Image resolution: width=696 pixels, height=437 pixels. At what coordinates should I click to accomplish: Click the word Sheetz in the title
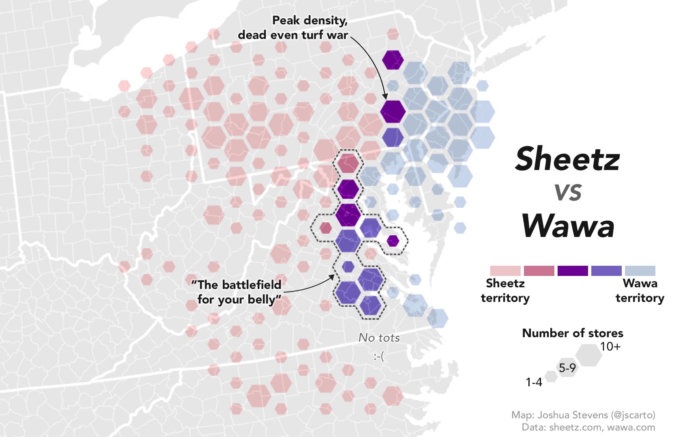point(567,159)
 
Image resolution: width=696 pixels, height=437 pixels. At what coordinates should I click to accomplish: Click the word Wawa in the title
point(568,226)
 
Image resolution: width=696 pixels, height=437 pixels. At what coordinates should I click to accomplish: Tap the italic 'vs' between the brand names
point(568,192)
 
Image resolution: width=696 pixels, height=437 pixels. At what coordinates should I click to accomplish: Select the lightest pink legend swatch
point(505,271)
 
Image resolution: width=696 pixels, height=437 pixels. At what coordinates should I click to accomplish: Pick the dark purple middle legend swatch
point(573,271)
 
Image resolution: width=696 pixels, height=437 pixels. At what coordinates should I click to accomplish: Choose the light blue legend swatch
point(640,271)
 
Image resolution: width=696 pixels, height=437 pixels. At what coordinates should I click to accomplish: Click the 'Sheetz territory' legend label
point(505,291)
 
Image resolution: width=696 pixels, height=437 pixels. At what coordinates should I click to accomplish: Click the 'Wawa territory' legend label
point(640,291)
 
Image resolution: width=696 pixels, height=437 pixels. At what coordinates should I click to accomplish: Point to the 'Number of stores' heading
point(573,333)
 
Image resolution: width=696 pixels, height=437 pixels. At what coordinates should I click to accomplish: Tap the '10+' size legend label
point(610,347)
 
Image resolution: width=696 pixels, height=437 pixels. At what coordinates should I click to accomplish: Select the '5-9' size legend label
point(567,368)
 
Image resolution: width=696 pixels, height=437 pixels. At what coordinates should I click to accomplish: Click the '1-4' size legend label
point(534,382)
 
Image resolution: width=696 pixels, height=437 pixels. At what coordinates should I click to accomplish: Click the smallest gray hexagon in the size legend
point(551,377)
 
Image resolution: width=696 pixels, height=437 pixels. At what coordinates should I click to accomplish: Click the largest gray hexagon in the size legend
point(589,355)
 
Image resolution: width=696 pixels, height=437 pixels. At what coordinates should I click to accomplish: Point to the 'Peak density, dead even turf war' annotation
point(293,27)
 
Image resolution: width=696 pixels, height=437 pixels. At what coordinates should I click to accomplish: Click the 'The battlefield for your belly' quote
point(237,292)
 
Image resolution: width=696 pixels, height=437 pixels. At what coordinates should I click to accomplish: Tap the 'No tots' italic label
point(379,338)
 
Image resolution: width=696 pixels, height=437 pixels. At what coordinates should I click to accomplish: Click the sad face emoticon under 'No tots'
point(379,357)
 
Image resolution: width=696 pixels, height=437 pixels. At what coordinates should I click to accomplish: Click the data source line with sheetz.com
point(588,427)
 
